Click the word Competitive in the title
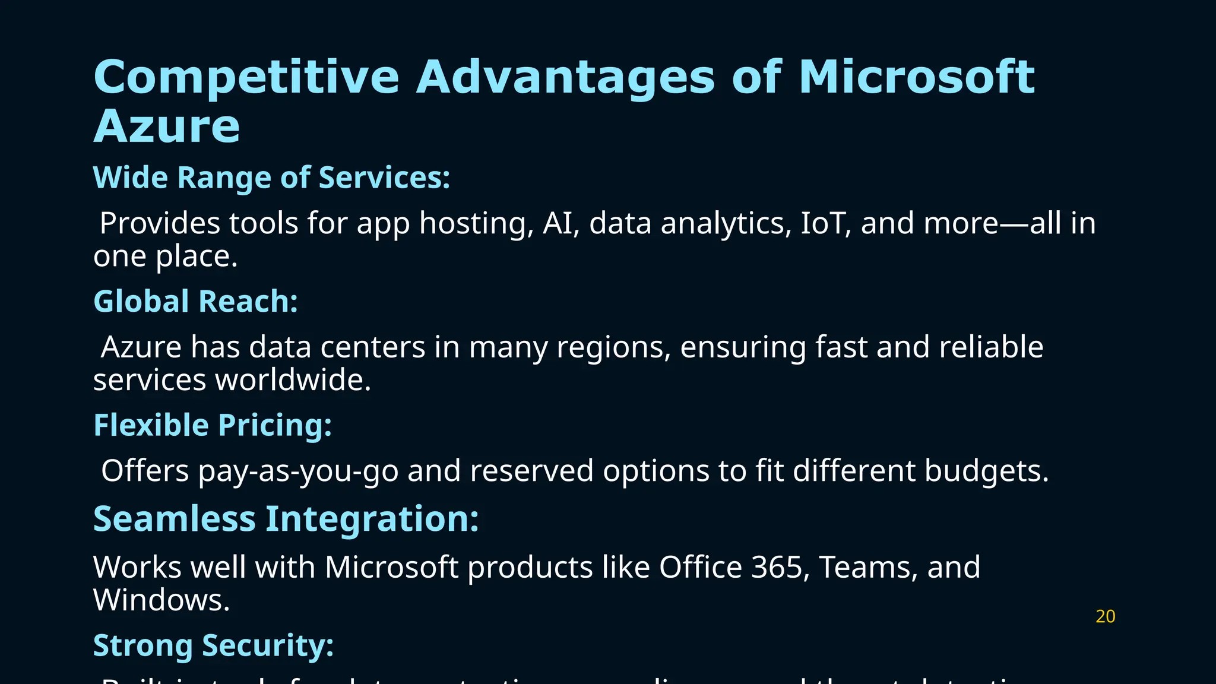point(246,78)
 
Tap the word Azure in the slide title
point(167,126)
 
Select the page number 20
point(1105,617)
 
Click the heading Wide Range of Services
point(271,178)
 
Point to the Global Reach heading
point(195,302)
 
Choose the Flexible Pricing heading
point(212,426)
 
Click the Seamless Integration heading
point(286,519)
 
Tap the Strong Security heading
point(213,645)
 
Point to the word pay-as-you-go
point(298,471)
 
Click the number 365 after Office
point(780,567)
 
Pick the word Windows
point(161,600)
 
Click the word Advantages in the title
point(565,78)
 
